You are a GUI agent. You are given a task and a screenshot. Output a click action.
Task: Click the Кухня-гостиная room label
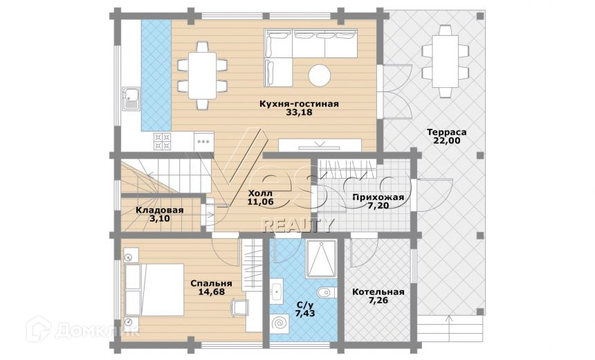(299, 104)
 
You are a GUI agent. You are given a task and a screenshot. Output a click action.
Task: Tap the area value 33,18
(299, 112)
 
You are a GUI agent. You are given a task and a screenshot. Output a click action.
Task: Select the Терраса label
(447, 132)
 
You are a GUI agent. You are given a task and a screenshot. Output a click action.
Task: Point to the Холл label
(260, 193)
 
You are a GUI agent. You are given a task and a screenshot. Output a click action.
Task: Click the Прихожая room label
(378, 197)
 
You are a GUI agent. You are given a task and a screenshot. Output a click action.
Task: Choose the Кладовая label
(160, 210)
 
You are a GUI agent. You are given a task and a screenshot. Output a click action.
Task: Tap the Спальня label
(211, 284)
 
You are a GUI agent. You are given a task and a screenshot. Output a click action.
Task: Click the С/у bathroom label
(304, 305)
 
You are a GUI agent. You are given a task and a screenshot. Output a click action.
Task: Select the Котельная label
(378, 292)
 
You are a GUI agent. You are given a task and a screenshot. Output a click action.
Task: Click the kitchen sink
(131, 98)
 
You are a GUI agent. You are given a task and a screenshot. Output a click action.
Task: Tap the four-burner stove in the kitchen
(163, 141)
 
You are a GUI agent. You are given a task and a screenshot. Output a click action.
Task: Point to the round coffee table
(320, 75)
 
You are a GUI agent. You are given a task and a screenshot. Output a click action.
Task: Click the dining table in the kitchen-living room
(202, 75)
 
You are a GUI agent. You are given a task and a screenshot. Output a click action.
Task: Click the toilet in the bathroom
(327, 292)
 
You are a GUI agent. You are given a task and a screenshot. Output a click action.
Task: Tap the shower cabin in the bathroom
(321, 259)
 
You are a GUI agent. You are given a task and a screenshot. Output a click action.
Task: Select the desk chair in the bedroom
(240, 307)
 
